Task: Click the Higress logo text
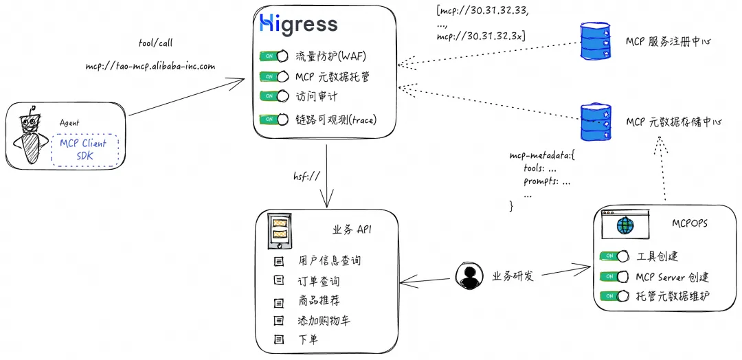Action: click(x=299, y=24)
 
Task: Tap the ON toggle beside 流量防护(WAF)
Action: click(x=273, y=56)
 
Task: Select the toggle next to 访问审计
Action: click(x=273, y=96)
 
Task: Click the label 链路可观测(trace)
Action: click(x=336, y=120)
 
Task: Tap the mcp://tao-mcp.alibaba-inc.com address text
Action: click(x=150, y=67)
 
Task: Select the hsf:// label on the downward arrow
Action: click(x=307, y=177)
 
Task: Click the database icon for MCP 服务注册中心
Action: click(x=595, y=41)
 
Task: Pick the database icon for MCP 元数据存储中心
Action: click(x=595, y=121)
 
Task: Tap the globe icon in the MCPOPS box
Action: click(x=626, y=225)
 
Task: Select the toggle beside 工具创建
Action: click(x=614, y=256)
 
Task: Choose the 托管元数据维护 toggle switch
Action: click(x=614, y=296)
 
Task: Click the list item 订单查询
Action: click(x=319, y=281)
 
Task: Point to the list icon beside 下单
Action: click(x=278, y=339)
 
